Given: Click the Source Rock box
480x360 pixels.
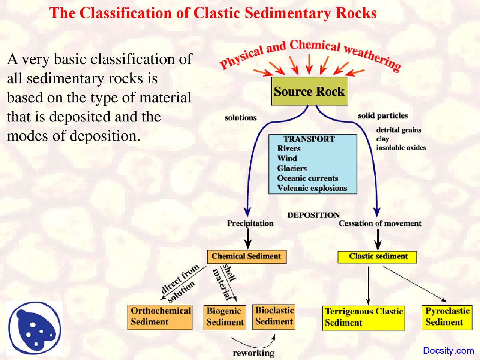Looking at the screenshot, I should point(309,91).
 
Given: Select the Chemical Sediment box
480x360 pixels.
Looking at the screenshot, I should point(246,256).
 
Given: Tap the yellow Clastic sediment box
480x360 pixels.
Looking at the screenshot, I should point(377,257).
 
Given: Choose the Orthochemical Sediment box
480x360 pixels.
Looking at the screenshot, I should point(160,317).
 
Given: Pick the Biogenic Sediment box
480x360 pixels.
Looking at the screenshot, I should point(225,317).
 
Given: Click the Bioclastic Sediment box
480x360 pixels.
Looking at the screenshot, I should point(274,316).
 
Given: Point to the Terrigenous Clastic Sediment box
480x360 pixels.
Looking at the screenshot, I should point(363,318).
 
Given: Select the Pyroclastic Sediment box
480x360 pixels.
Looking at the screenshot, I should point(447,317).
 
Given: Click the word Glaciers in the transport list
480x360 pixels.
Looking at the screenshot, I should point(292,168).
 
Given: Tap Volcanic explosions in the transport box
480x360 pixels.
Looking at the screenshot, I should point(312,188).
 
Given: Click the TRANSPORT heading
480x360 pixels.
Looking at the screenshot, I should point(309,139).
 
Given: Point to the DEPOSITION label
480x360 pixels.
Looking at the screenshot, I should point(313,215).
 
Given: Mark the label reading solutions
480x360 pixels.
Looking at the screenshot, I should point(241,118).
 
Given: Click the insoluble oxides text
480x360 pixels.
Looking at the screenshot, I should point(401,148).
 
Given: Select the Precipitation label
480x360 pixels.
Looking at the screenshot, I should point(250,223).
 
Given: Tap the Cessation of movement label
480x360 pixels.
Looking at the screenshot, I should point(380,223).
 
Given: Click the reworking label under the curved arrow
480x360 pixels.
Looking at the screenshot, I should point(253,353).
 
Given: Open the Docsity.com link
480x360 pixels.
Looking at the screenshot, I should point(448,351).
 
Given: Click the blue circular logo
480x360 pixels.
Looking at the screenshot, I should point(35,328).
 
